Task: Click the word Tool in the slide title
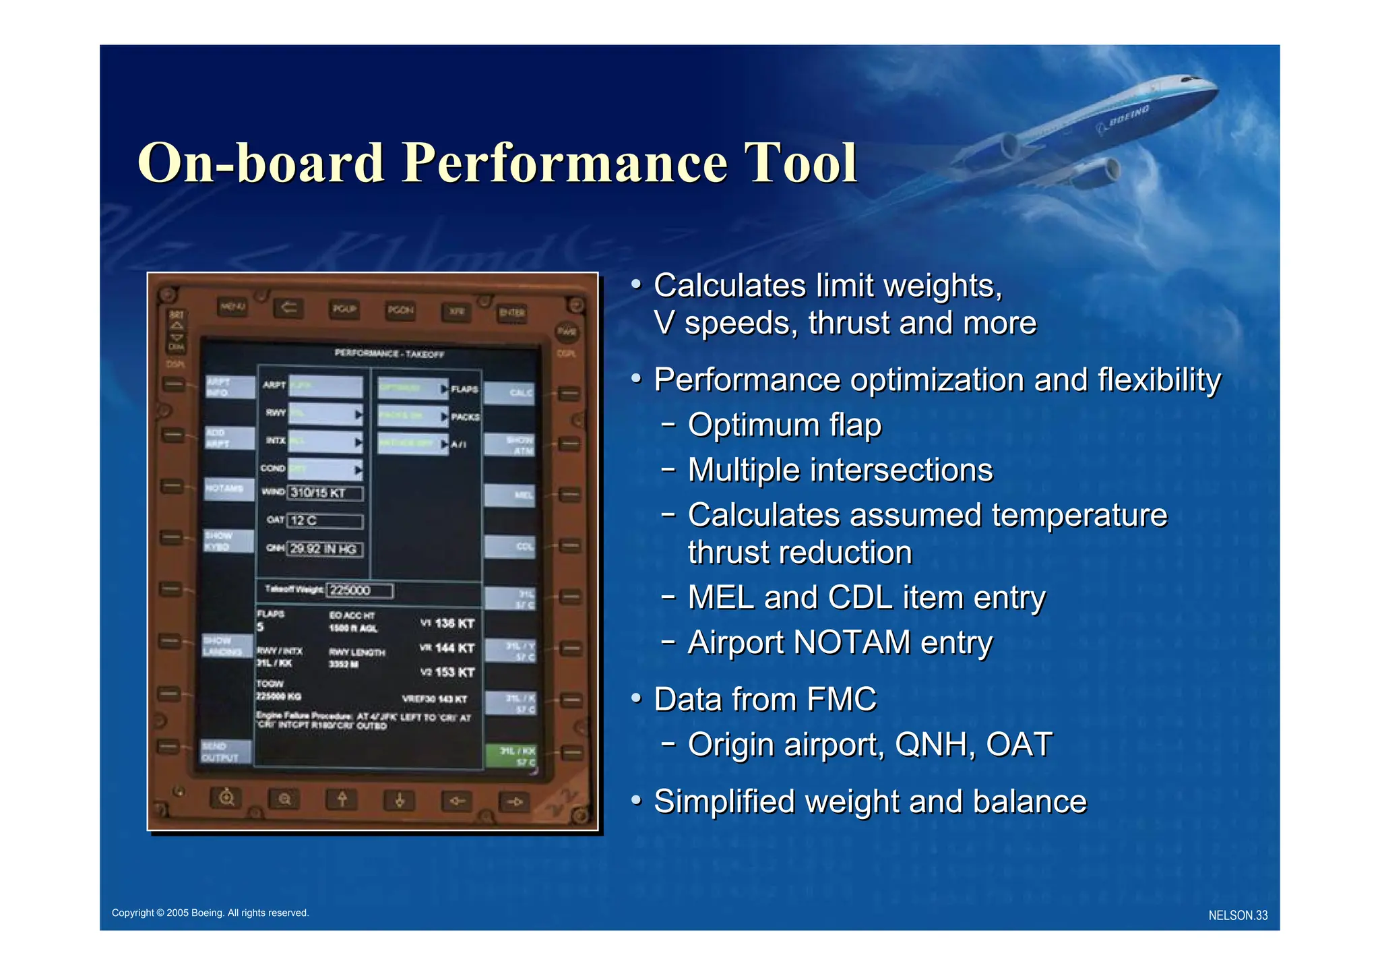[x=800, y=163]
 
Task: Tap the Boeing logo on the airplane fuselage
[x=1124, y=119]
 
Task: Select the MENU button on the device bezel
[x=232, y=307]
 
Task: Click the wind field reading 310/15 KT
[x=325, y=493]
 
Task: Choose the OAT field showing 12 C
[x=325, y=521]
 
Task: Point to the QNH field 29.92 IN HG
[x=325, y=549]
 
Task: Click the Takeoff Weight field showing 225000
[x=359, y=590]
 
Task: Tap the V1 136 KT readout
[x=448, y=623]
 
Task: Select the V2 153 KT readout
[x=448, y=672]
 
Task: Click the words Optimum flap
[x=784, y=425]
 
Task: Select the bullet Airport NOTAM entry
[x=840, y=642]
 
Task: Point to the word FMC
[x=842, y=700]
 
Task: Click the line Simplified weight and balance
[x=869, y=802]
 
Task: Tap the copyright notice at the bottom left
[x=210, y=913]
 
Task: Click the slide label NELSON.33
[x=1237, y=915]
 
